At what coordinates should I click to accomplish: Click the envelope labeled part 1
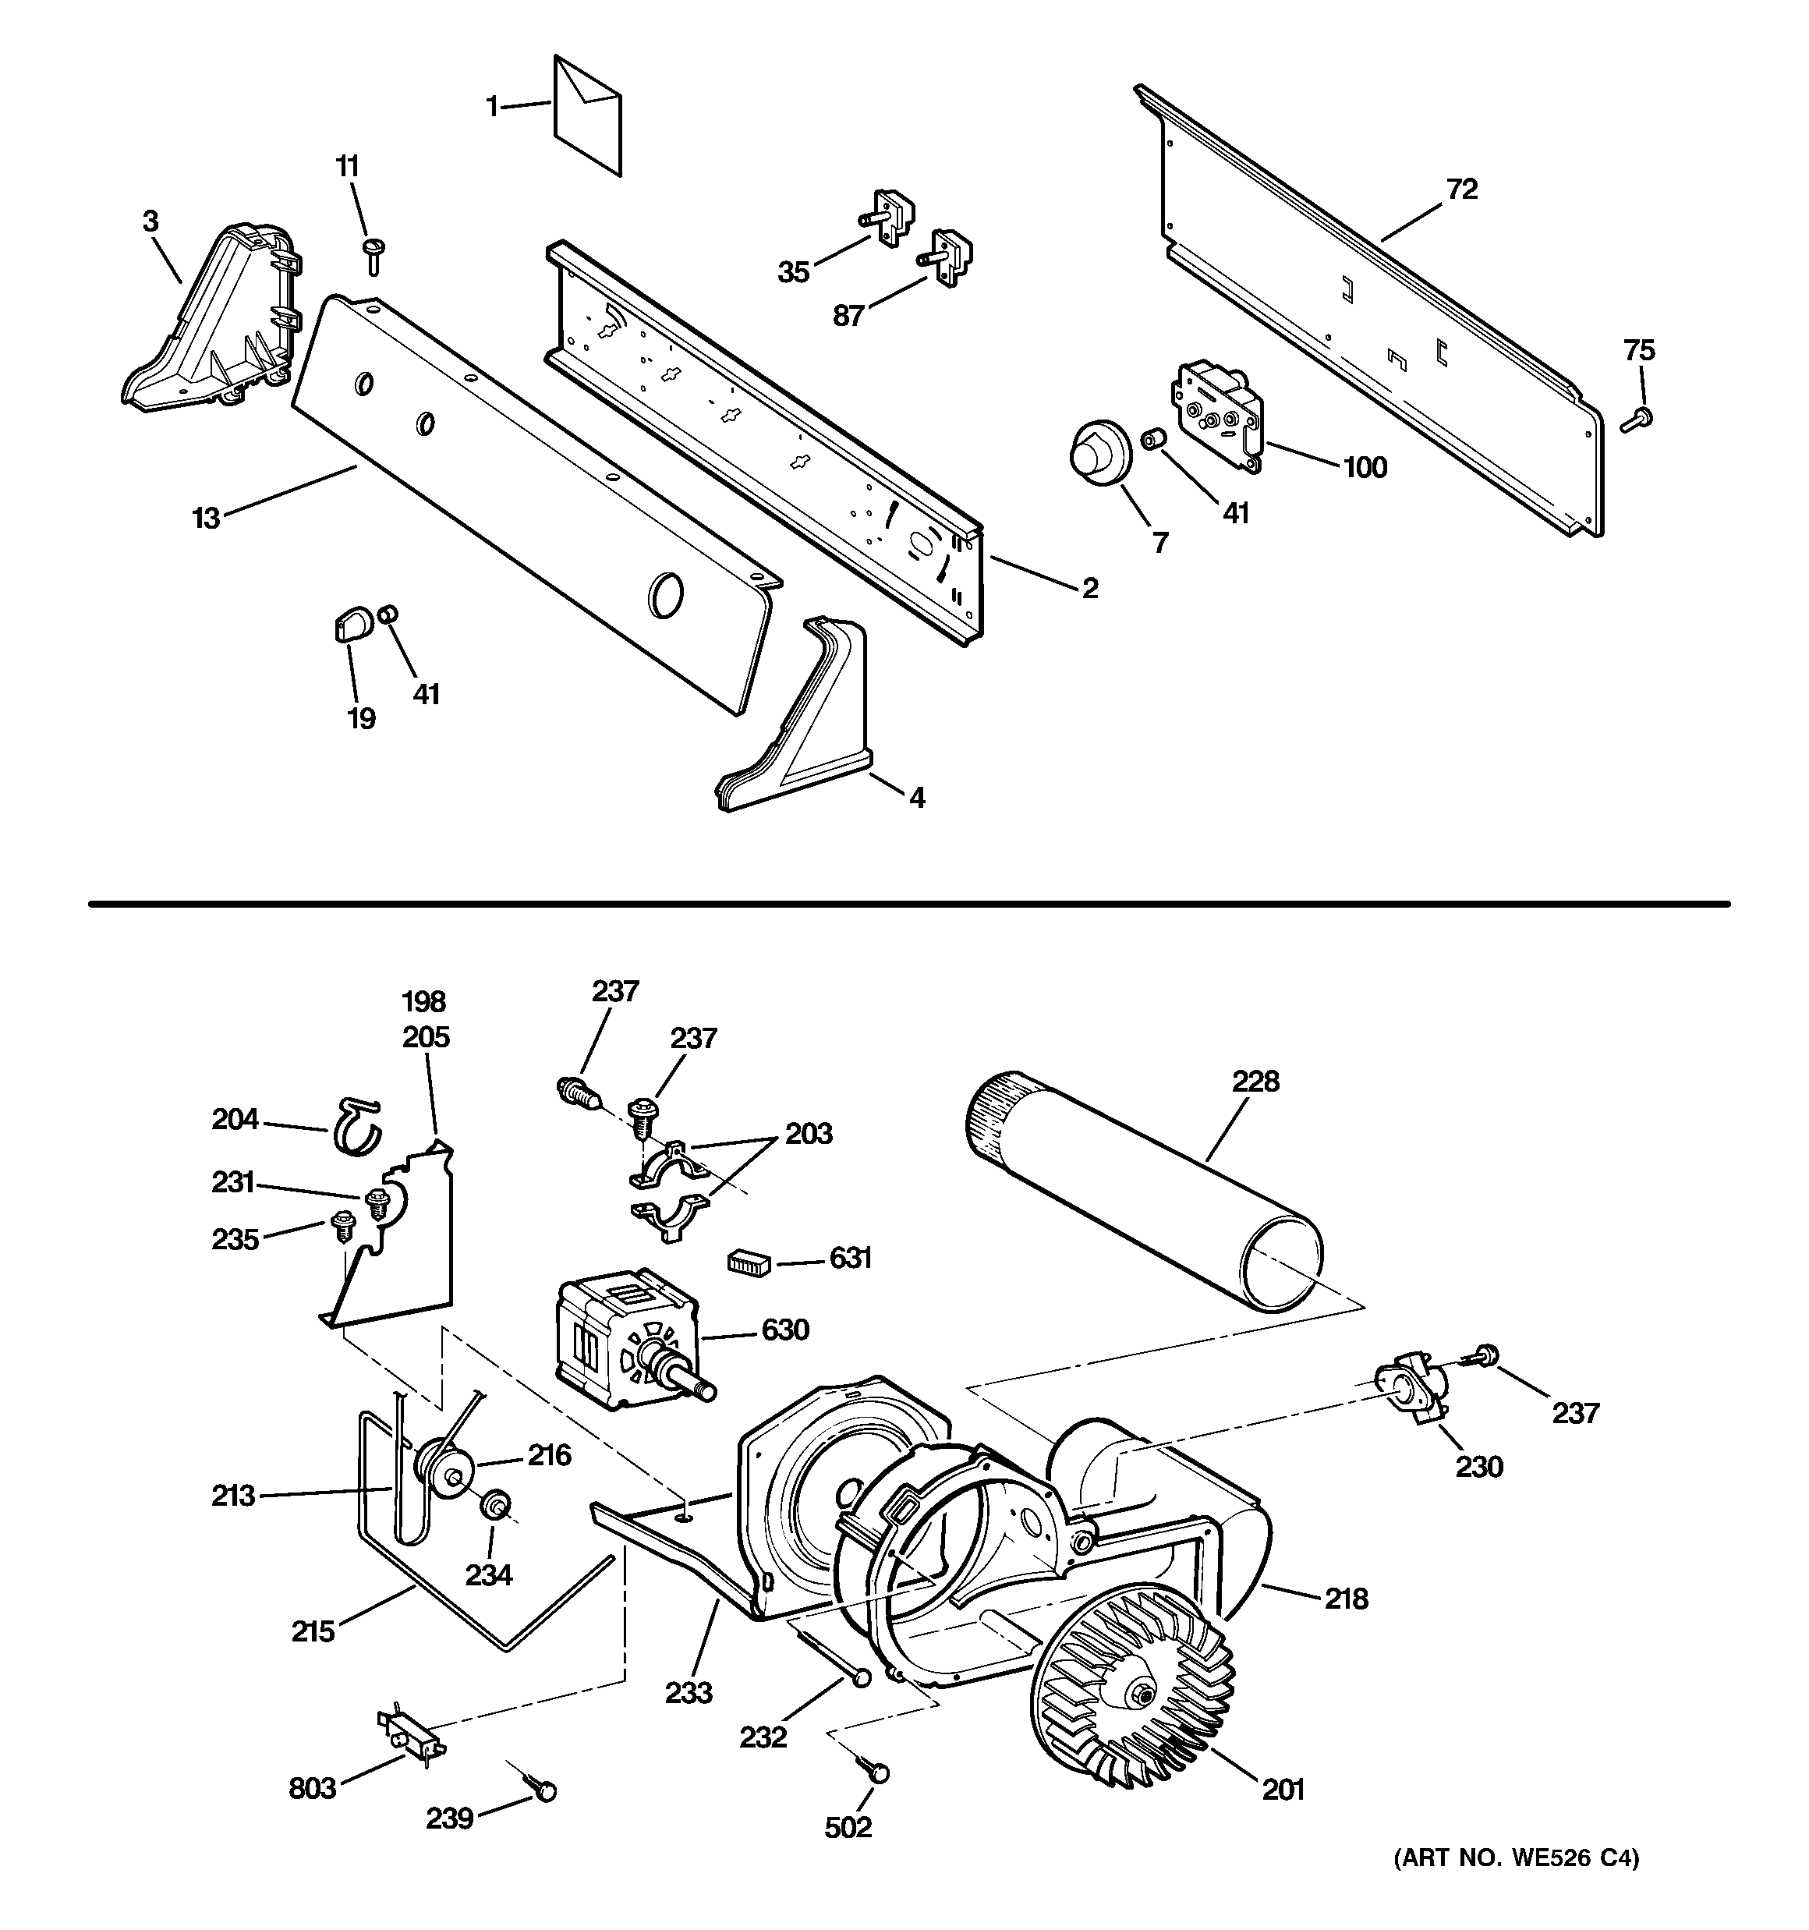point(586,116)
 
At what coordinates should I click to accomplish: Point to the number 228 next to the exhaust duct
point(1255,1081)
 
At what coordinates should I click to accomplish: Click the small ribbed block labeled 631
point(748,1262)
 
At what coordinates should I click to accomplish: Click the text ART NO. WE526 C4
point(1516,1858)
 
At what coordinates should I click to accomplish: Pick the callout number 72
point(1461,189)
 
